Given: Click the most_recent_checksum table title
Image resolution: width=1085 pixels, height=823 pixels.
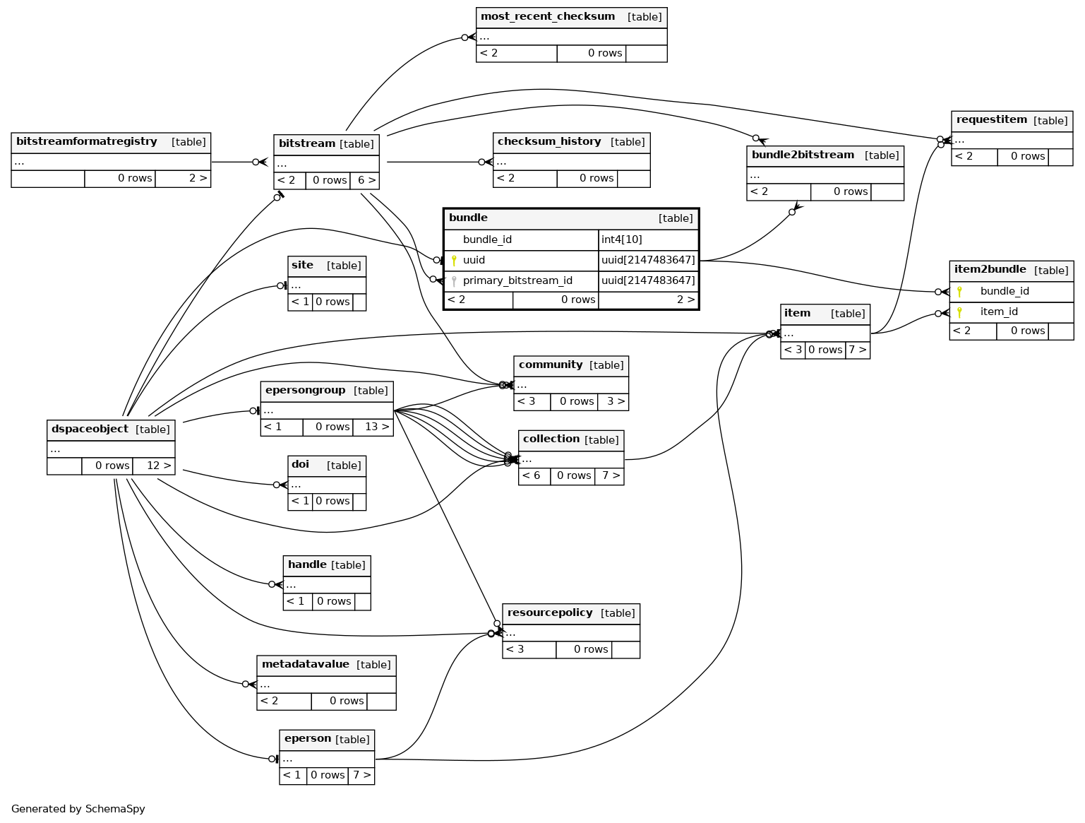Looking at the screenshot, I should [547, 17].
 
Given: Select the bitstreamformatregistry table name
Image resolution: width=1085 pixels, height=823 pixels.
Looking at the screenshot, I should [86, 142].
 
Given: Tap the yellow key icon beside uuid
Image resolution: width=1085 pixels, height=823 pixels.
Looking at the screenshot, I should [454, 261].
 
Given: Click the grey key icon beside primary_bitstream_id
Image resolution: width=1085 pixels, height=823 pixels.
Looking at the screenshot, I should [454, 281].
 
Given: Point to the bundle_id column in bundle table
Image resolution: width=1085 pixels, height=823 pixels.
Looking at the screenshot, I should [487, 240].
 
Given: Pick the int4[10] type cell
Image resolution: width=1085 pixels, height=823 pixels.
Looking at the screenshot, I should [622, 240].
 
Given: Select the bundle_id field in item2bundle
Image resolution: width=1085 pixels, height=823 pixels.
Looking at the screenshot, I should [1005, 292].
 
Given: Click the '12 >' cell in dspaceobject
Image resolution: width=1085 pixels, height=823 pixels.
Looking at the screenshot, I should [153, 466].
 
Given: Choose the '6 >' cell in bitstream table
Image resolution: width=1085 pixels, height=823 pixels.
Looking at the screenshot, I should [364, 181].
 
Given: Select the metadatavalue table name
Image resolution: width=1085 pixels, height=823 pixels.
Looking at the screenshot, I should [305, 665].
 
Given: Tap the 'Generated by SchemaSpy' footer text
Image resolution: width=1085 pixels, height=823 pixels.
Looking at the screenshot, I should [78, 810].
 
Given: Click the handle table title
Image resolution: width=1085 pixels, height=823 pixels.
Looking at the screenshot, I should [307, 565].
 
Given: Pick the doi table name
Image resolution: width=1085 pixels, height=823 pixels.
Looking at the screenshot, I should [300, 465].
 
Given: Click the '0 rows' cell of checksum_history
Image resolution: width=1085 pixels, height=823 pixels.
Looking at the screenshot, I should [587, 179].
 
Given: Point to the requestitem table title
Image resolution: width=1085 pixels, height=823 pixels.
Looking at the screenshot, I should [991, 120].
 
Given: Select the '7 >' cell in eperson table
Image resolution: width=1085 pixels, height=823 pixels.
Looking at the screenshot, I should [361, 776].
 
